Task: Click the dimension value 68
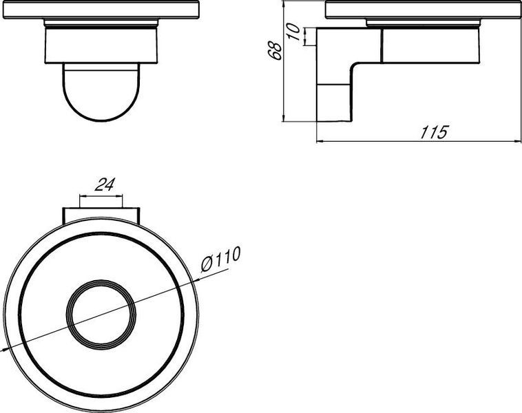click(275, 50)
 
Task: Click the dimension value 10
click(294, 32)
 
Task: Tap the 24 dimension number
click(105, 184)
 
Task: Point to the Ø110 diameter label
click(220, 260)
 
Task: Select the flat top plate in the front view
click(101, 10)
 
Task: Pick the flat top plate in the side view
click(424, 10)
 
